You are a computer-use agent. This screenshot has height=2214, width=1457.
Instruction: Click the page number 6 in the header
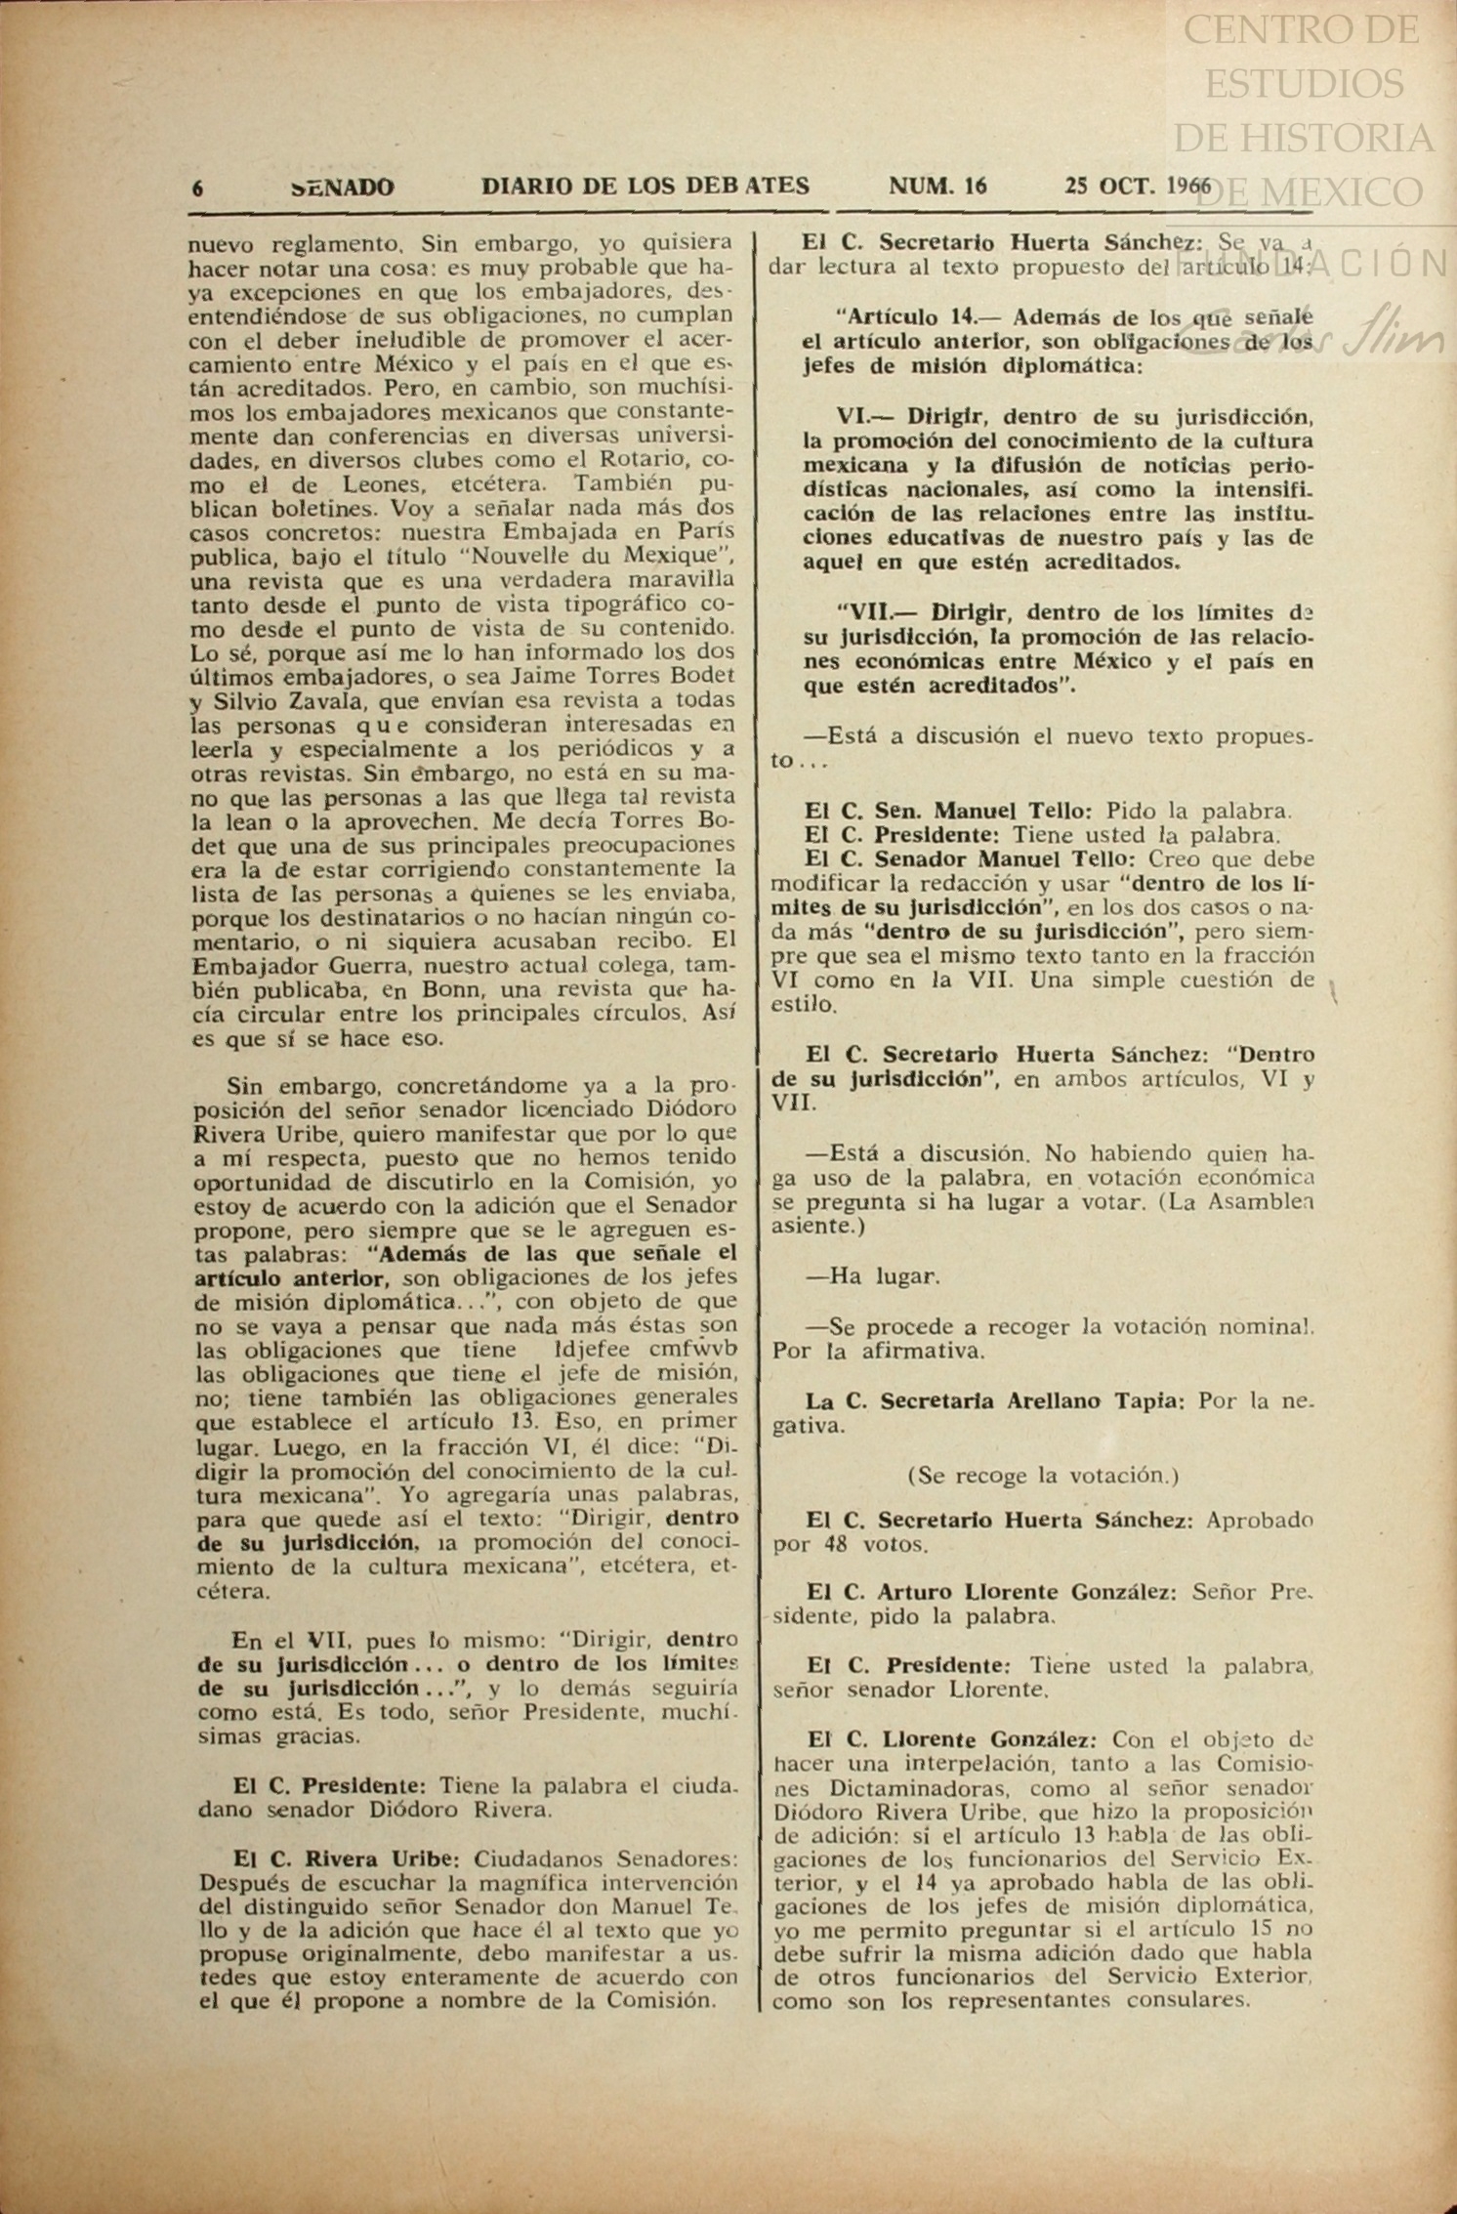click(x=198, y=188)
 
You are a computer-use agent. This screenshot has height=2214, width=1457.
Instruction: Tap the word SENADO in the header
click(x=343, y=188)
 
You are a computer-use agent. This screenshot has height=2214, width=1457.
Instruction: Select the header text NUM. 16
click(x=937, y=186)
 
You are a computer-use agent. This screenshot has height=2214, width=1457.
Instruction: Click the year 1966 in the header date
click(x=1187, y=186)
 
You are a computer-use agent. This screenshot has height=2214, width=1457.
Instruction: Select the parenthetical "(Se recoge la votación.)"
click(x=1043, y=1475)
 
